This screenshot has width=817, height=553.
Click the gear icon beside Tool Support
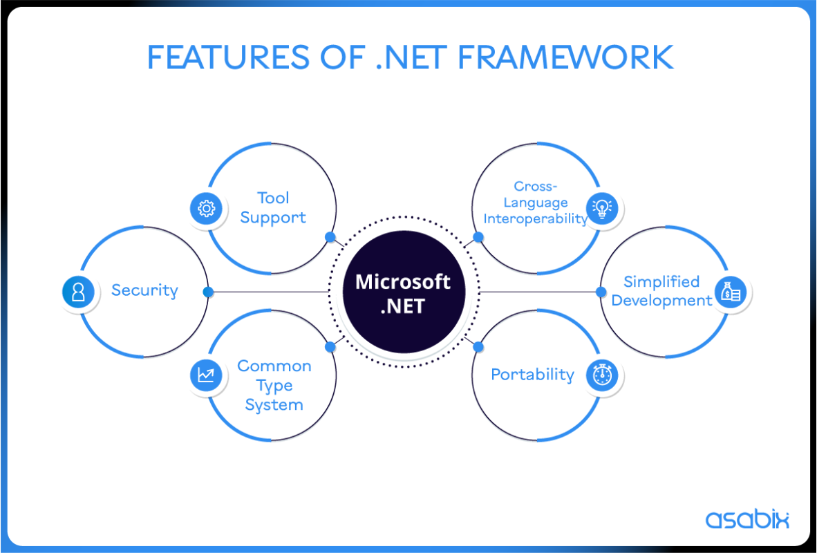coord(207,207)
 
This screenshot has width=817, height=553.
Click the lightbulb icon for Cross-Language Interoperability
coord(602,207)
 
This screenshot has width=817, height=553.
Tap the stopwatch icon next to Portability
coord(602,375)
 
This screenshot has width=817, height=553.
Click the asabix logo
coord(747,519)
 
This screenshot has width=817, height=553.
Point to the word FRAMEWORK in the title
coord(565,57)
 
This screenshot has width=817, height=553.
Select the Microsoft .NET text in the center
coord(403,293)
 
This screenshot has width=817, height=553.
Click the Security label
coord(144,290)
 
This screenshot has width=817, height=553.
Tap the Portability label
coord(532,375)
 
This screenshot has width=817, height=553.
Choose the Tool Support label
coord(273,207)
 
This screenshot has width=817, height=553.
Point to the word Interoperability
coord(536,218)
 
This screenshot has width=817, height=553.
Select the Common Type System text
coord(274,385)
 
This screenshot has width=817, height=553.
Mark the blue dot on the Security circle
coord(207,292)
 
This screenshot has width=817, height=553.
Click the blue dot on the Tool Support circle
coord(330,236)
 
